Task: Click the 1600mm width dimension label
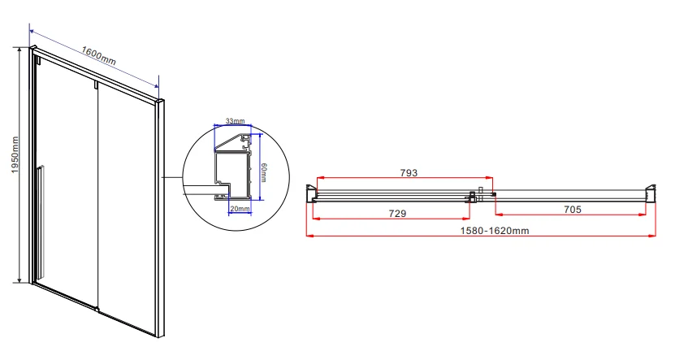pos(98,55)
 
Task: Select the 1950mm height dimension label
pos(15,155)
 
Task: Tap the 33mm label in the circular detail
pos(235,121)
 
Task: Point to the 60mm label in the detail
pos(263,172)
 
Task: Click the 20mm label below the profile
pos(240,209)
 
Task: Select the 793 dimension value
pos(409,172)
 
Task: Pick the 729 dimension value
pos(397,213)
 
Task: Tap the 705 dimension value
pos(573,210)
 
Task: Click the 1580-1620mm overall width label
pos(495,231)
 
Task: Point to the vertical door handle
pos(40,222)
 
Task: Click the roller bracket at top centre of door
pos(96,85)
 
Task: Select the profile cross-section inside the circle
pos(233,168)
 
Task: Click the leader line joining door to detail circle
pos(172,177)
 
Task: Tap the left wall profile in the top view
pos(311,193)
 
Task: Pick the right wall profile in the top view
pos(651,193)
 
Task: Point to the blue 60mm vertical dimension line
pos(261,167)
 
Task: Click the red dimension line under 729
pos(391,219)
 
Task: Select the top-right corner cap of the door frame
pos(161,102)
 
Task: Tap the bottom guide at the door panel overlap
pos(97,308)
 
